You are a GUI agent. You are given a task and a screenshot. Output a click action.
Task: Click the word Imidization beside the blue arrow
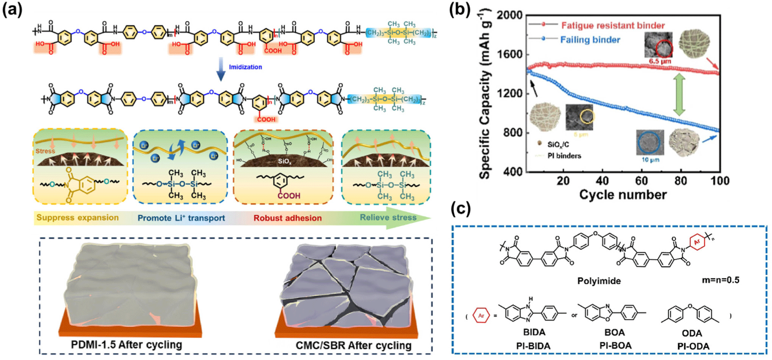click(x=245, y=67)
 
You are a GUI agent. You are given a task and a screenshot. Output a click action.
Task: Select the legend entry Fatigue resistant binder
click(x=613, y=25)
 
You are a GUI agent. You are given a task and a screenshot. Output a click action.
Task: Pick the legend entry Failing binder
click(x=590, y=40)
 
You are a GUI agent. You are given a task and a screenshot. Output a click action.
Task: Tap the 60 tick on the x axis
click(x=642, y=181)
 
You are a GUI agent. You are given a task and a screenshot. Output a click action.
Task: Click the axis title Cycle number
click(x=623, y=195)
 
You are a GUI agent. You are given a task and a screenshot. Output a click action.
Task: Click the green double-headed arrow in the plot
click(x=679, y=95)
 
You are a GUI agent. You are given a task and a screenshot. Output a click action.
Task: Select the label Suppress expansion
click(x=77, y=217)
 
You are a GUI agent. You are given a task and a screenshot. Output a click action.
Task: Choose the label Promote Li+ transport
click(x=181, y=218)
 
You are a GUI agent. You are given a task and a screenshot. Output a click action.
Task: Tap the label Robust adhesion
click(x=287, y=218)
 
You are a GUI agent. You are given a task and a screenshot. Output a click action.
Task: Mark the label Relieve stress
click(x=388, y=217)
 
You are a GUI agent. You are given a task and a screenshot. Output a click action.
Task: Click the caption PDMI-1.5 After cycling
click(x=126, y=344)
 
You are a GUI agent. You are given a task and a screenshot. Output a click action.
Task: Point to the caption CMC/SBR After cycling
click(x=353, y=345)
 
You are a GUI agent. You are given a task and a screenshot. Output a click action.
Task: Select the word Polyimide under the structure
click(x=599, y=281)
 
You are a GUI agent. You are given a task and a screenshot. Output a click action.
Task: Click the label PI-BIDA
click(x=533, y=346)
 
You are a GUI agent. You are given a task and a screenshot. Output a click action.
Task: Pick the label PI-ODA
click(x=693, y=346)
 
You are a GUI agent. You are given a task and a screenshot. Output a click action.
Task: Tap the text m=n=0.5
click(x=721, y=280)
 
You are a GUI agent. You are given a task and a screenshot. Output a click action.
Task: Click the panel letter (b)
click(x=460, y=9)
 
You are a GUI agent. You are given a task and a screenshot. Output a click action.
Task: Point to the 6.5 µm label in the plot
click(x=660, y=61)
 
